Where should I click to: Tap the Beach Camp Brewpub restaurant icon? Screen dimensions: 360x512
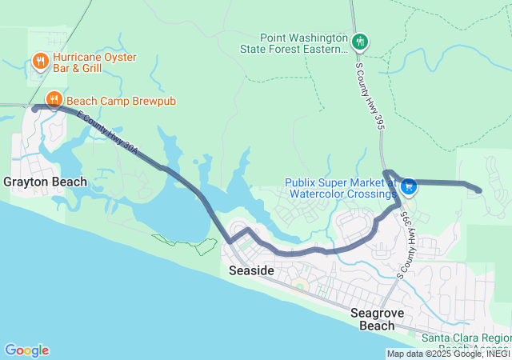tap(54, 100)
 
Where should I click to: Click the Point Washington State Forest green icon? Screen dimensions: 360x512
tap(360, 41)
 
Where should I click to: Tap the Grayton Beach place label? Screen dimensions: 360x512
tap(45, 182)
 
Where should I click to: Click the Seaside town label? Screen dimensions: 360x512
tap(251, 271)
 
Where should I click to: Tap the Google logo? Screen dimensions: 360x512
tap(26, 350)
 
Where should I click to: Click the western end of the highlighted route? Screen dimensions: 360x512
tap(35, 107)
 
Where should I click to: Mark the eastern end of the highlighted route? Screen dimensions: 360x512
tap(478, 190)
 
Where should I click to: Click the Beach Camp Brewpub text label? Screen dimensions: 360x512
tap(121, 101)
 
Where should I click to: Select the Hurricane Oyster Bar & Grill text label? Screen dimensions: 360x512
tap(94, 63)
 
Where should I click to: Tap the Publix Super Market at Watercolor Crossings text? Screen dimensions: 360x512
tap(342, 188)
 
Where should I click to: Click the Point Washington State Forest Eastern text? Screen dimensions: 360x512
tap(304, 43)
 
